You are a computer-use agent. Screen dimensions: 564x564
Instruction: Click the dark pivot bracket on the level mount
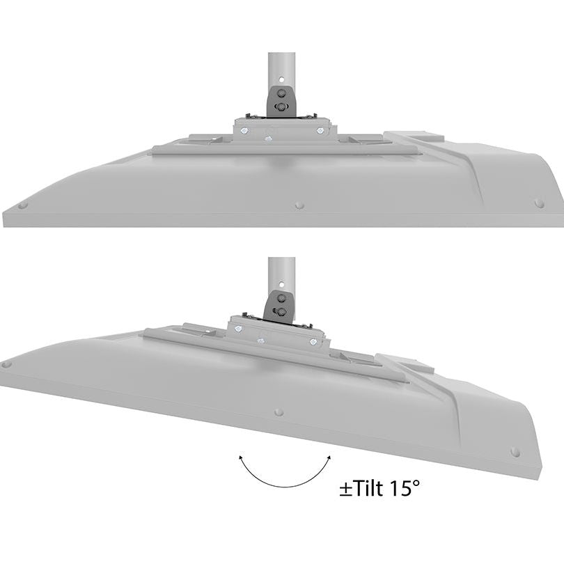(280, 100)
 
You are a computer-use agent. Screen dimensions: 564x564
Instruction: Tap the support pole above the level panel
(281, 66)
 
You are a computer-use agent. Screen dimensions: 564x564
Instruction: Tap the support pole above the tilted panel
(281, 272)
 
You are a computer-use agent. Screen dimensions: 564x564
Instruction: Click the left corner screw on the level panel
(22, 205)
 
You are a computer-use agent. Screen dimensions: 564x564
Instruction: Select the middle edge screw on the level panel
(299, 205)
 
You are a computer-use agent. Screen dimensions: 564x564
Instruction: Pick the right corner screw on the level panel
(539, 203)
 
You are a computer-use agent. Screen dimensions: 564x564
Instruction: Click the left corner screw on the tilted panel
(7, 363)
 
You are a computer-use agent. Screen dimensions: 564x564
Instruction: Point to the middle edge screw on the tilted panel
(279, 412)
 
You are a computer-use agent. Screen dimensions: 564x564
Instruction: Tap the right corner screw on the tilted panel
(515, 452)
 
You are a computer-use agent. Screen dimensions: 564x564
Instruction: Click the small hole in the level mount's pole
(281, 79)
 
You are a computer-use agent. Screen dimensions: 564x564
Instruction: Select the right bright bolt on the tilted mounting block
(314, 341)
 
